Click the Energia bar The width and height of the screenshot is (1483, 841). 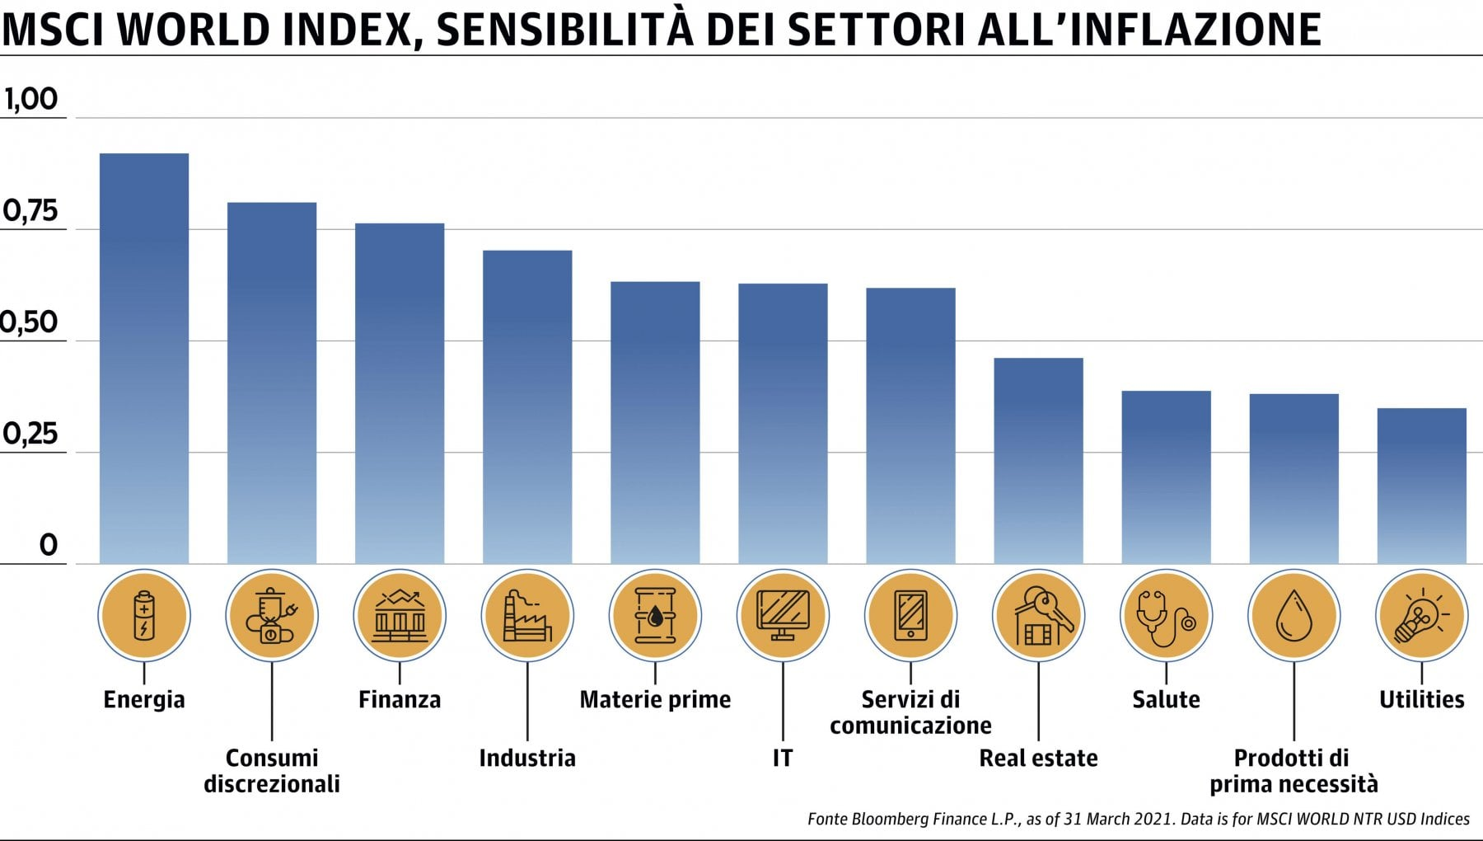tap(144, 359)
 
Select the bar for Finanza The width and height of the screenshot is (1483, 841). tap(400, 393)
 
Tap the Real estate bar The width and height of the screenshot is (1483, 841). tap(1038, 461)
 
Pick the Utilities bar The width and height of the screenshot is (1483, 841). tap(1421, 486)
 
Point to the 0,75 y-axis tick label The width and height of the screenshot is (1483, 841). tap(30, 211)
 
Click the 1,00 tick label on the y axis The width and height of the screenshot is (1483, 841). tap(30, 100)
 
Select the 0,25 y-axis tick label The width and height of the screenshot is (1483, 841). tap(30, 434)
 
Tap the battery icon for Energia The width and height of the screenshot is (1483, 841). tap(144, 615)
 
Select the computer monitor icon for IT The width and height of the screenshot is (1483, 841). tap(783, 615)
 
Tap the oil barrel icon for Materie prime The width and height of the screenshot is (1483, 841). tap(655, 615)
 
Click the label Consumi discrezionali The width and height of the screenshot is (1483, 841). tap(272, 770)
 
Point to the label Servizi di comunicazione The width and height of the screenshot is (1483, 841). tap(910, 712)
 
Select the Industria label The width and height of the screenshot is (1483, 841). tap(527, 758)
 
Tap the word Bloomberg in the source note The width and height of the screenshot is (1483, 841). tap(891, 819)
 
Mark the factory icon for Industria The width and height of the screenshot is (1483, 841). tap(527, 615)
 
